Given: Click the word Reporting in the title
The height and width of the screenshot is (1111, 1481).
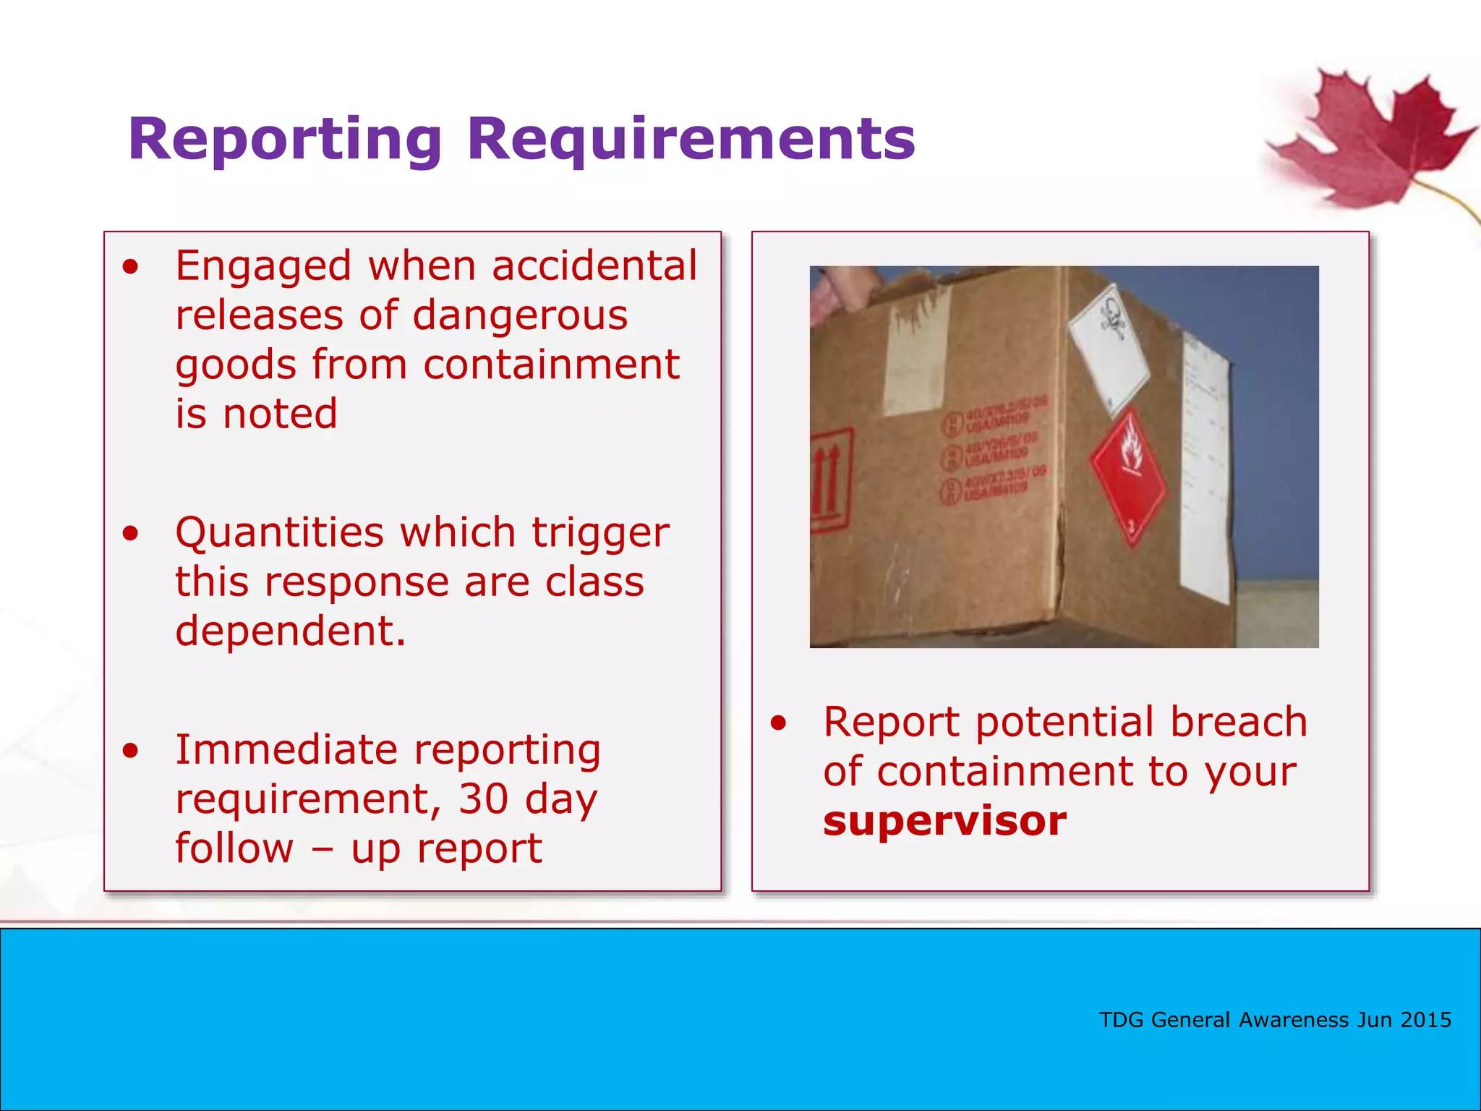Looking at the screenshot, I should pos(284,139).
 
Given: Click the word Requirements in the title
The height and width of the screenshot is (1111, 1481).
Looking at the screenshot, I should pos(691,139).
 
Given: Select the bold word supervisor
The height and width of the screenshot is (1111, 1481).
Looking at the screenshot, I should pos(944,821).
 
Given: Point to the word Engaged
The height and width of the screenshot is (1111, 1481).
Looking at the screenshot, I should pos(264,265).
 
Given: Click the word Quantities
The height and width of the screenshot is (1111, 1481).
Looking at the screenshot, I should pos(279,532).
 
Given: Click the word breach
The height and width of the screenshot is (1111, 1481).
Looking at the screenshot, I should pos(1238,722).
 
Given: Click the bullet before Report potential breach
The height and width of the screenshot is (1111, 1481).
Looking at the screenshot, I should pos(777,723).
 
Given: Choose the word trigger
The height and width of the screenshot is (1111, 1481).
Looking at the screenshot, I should pos(600,532).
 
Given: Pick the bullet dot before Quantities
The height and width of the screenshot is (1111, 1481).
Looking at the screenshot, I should pos(130,534).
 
